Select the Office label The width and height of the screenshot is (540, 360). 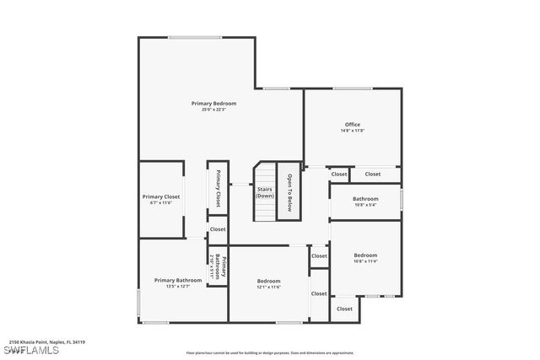click(x=352, y=125)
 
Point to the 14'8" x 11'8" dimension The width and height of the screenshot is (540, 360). click(x=352, y=131)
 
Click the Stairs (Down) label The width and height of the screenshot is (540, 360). click(x=265, y=192)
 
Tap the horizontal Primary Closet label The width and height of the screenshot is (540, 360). click(x=160, y=196)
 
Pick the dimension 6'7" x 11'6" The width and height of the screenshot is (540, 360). click(x=160, y=202)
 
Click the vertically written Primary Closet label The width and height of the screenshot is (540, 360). click(x=218, y=188)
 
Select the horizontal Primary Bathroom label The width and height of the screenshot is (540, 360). click(x=178, y=280)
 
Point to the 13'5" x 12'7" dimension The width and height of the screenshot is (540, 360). click(x=178, y=287)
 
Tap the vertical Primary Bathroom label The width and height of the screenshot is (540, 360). click(x=218, y=267)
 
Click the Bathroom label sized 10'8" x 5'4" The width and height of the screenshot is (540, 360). click(x=365, y=199)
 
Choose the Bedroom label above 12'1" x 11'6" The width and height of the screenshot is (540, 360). click(x=268, y=281)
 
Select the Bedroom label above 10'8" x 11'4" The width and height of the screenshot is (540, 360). click(x=365, y=255)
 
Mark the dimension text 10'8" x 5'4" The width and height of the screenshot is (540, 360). click(x=365, y=205)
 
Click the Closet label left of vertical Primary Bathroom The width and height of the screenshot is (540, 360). click(x=218, y=229)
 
